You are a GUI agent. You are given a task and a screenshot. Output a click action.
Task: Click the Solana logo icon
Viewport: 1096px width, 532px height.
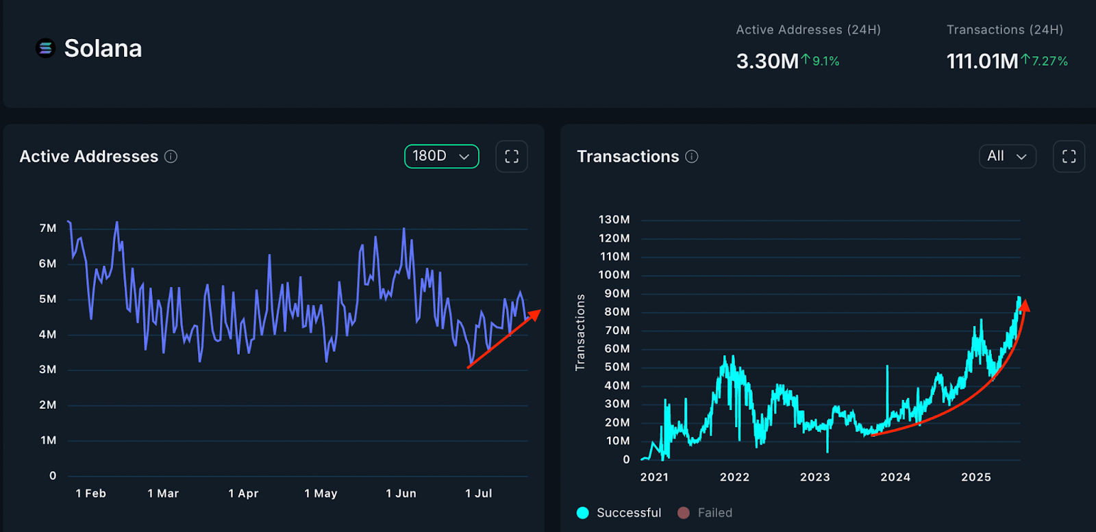point(45,48)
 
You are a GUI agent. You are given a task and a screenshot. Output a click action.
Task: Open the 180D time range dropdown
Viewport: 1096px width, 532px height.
point(441,156)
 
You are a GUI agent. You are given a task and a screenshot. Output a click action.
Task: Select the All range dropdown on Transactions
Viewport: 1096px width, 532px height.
point(1007,156)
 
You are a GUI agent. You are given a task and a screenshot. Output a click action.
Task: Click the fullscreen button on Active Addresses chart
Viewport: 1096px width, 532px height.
point(512,156)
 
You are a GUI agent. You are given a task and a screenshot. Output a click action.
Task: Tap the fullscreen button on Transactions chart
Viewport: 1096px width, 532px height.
point(1069,156)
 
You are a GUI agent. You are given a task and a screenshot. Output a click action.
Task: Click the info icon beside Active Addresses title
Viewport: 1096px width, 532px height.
point(171,157)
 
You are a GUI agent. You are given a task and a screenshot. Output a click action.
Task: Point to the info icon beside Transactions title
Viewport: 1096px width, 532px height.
point(692,157)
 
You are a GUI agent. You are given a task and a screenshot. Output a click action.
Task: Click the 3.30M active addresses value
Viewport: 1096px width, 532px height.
point(767,62)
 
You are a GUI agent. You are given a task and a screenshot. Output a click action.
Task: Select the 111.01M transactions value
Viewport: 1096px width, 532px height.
point(982,62)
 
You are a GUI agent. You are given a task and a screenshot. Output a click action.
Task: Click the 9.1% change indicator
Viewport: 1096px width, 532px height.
point(821,61)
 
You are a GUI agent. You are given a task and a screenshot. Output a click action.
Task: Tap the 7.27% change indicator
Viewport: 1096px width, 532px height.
point(1045,61)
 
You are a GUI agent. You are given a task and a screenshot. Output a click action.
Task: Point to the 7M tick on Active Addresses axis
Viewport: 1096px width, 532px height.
point(48,228)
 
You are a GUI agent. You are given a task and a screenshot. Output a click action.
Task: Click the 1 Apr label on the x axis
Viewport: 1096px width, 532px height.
point(243,493)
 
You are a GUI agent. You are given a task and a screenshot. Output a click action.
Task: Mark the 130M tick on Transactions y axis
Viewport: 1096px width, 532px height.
point(614,220)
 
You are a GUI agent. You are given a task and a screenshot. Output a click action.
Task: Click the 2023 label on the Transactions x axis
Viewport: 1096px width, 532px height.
point(814,477)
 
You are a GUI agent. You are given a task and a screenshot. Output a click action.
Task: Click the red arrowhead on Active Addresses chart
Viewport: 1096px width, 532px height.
point(535,314)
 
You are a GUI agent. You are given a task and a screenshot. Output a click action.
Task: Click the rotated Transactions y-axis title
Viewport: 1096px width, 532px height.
point(581,333)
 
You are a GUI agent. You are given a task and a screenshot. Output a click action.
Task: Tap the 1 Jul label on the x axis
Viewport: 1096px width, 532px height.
point(478,493)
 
